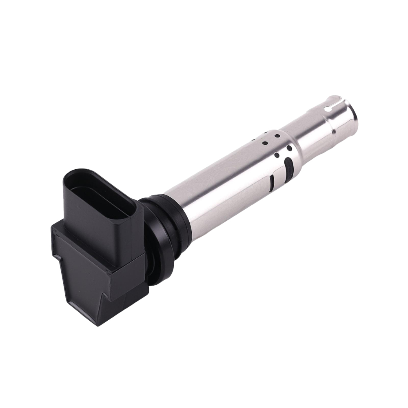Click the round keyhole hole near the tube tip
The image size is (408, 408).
tap(327, 109)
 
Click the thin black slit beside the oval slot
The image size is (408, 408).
tap(271, 183)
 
